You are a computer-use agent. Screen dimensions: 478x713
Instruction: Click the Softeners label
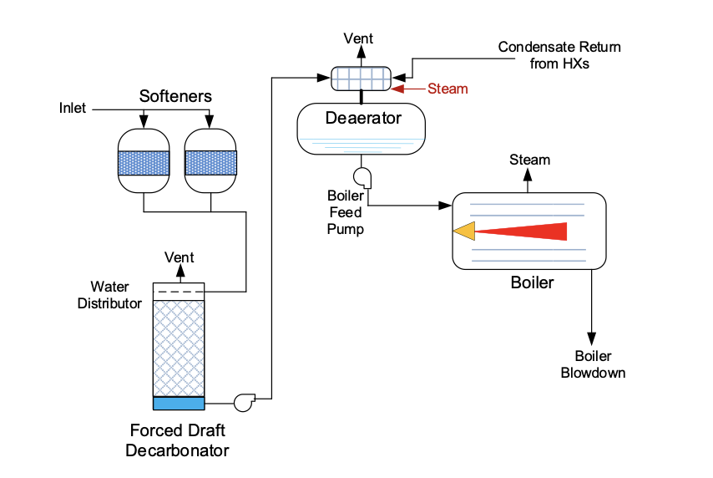coord(175,96)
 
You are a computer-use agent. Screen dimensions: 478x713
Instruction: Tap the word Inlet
coord(73,109)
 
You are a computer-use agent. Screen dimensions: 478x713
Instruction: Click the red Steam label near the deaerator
coord(448,89)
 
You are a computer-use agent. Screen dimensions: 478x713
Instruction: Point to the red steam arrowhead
coord(398,89)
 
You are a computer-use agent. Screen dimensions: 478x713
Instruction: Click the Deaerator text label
coord(363,118)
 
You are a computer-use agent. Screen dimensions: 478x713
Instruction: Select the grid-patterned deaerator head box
coord(361,79)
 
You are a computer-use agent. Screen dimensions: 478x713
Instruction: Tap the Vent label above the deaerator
coord(359,38)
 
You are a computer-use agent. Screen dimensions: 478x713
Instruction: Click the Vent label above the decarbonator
coord(180,257)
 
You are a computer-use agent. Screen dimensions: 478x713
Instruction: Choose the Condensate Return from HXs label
coord(559,55)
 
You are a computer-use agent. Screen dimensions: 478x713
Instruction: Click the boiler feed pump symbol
coord(363,177)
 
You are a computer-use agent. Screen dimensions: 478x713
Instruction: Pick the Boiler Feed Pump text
coord(345,212)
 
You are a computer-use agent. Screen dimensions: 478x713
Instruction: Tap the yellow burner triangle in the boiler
coord(463,230)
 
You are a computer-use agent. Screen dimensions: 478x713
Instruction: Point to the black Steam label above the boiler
coord(530,160)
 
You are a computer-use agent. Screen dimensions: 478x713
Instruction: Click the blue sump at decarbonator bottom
coord(179,403)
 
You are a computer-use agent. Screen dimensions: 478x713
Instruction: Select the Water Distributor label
coord(109,295)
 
